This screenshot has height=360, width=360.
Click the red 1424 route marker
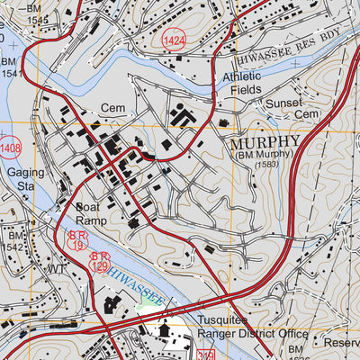174,41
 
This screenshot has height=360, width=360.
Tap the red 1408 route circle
10,146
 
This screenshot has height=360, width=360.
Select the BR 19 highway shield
78,239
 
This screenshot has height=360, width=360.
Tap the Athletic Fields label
242,84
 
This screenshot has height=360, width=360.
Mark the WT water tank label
58,268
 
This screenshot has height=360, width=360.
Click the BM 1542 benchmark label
13,240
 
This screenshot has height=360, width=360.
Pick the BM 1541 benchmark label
11,67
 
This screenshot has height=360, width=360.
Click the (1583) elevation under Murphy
265,166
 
